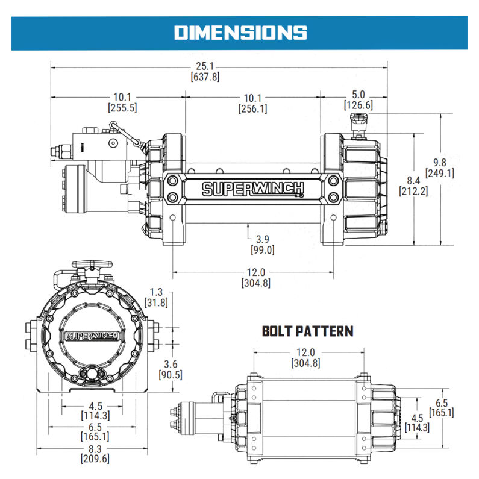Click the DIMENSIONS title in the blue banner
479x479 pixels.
click(240, 32)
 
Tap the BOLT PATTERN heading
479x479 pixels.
click(307, 331)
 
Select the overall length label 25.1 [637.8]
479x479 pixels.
click(204, 72)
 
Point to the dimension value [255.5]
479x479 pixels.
click(122, 108)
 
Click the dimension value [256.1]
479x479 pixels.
click(252, 108)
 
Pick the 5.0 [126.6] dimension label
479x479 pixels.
click(358, 100)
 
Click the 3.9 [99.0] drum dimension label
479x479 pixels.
click(262, 244)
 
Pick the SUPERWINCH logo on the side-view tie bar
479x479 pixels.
click(252, 189)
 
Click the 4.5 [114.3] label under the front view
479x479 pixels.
click(94, 410)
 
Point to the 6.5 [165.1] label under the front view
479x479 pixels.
click(94, 431)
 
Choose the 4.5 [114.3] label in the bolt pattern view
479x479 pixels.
click(416, 422)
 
